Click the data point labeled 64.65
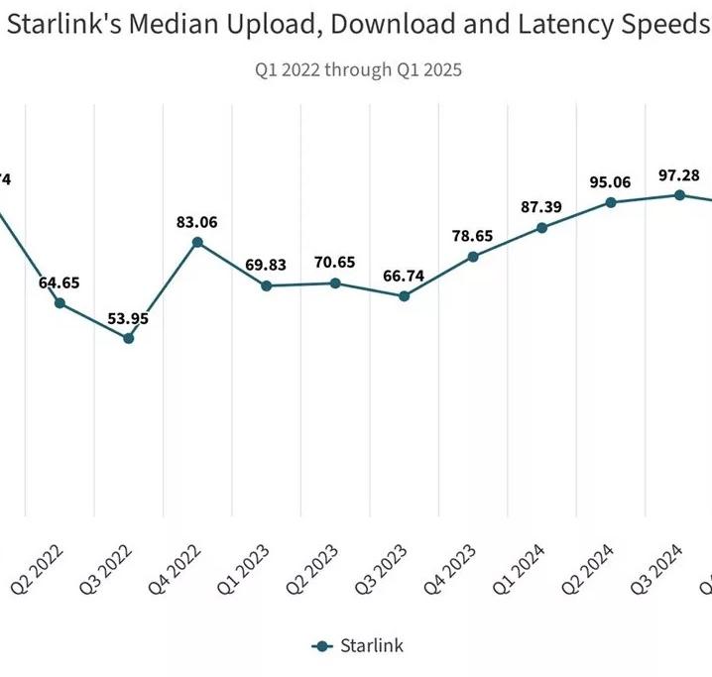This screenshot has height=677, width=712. (x=59, y=302)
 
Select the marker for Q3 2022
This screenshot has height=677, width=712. (x=128, y=338)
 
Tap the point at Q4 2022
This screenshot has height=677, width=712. (x=197, y=242)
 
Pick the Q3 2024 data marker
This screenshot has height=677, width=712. (x=679, y=194)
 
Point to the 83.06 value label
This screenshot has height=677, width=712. (x=197, y=221)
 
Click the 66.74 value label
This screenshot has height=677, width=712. (x=404, y=275)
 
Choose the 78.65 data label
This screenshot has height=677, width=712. (x=473, y=236)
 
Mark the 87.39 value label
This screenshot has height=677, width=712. (x=541, y=206)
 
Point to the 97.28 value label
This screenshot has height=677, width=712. (x=679, y=174)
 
